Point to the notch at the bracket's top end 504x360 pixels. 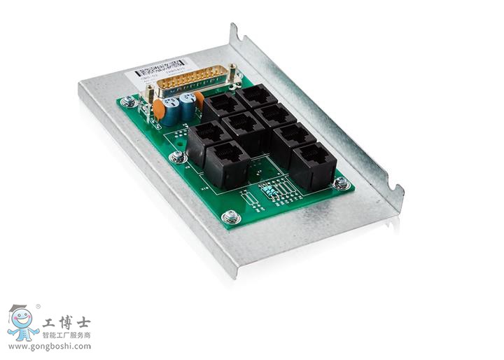pyautogui.click(x=233, y=31)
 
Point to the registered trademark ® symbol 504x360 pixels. pyautogui.click(x=38, y=306)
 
